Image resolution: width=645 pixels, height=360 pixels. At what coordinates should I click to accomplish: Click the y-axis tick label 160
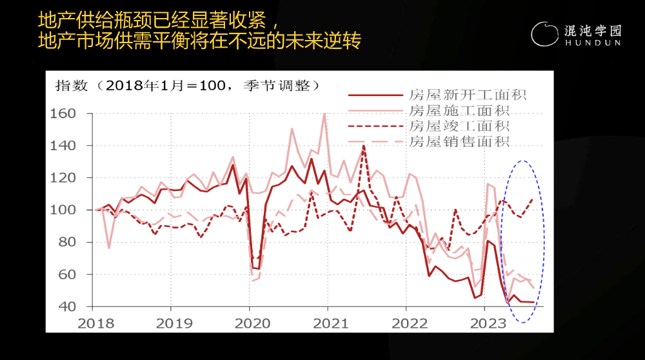[x=63, y=114]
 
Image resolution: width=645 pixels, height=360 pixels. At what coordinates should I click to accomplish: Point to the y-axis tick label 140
[x=63, y=146]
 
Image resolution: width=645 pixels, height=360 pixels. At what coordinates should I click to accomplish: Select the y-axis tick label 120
[x=63, y=178]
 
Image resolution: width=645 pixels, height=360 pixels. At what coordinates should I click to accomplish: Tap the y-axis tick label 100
[x=63, y=210]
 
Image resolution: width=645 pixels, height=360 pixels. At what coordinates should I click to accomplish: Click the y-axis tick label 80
[x=67, y=243]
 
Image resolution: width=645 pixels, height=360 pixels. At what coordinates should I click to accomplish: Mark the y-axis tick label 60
[x=67, y=275]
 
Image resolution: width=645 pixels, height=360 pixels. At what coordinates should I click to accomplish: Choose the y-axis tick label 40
[x=67, y=307]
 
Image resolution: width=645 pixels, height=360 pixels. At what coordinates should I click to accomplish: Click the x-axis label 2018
[x=94, y=322]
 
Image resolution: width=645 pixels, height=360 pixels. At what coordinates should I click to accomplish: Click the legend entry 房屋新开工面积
[x=468, y=95]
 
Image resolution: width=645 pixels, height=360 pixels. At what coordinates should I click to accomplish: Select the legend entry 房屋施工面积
[x=460, y=111]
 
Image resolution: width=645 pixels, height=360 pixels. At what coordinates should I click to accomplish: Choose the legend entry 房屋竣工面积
[x=460, y=126]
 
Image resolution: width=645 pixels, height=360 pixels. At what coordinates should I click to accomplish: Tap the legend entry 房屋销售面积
[x=460, y=142]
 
